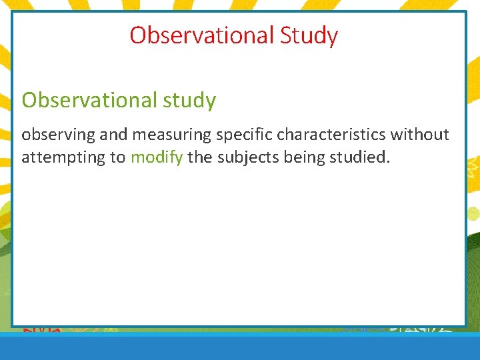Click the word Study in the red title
(x=309, y=35)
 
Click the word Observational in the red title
(x=202, y=35)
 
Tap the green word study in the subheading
(x=190, y=101)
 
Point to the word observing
(x=59, y=135)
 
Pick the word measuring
(x=170, y=135)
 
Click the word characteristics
(x=331, y=135)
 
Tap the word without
(x=420, y=135)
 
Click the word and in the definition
(x=114, y=135)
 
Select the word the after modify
(x=199, y=158)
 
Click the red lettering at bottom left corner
(x=43, y=329)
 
